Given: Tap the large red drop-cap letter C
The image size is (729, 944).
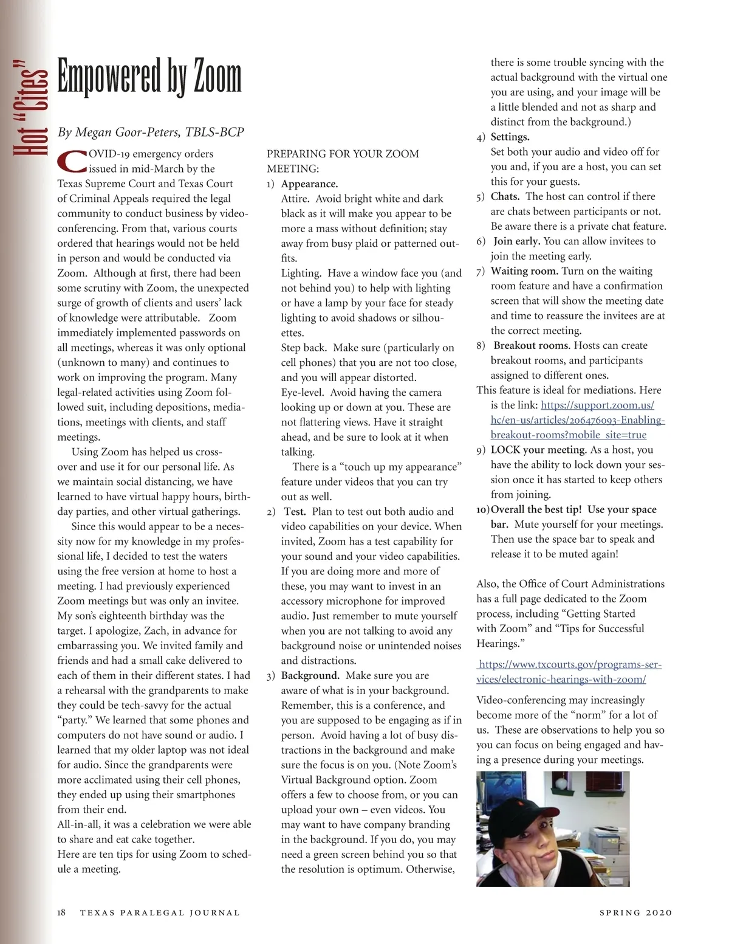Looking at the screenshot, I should (72, 161).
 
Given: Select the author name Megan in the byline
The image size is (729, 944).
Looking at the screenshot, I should (93, 132).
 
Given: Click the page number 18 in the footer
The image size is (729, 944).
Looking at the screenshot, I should (61, 912).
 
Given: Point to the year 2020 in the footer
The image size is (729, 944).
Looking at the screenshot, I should (659, 912).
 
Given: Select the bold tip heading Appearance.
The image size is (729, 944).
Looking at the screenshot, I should (309, 184).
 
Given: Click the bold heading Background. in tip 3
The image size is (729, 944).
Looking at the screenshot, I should (310, 675).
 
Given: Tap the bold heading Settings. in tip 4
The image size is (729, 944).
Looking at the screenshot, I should (510, 137).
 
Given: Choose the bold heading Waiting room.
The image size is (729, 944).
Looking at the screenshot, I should (524, 270).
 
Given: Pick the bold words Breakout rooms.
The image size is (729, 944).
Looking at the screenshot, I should (532, 345).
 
